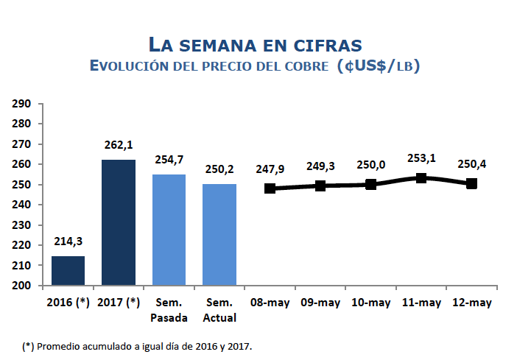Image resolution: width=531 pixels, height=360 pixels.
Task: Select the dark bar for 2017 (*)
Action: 119,222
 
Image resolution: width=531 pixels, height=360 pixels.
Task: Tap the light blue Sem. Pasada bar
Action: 169,230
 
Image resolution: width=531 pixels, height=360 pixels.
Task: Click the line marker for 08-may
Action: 270,188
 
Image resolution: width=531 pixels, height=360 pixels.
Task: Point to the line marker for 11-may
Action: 421,178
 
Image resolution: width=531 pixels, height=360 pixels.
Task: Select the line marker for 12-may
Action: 471,183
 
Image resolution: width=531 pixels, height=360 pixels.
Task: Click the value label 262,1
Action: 119,145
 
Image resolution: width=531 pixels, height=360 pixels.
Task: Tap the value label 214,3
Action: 68,242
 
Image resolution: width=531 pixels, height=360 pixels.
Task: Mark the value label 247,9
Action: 270,169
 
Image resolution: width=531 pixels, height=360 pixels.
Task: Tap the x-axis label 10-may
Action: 370,303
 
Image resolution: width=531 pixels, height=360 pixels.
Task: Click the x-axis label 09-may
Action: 320,303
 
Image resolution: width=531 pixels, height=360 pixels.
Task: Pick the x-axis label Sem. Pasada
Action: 169,310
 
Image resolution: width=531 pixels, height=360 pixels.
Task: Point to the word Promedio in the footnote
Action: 59,345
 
